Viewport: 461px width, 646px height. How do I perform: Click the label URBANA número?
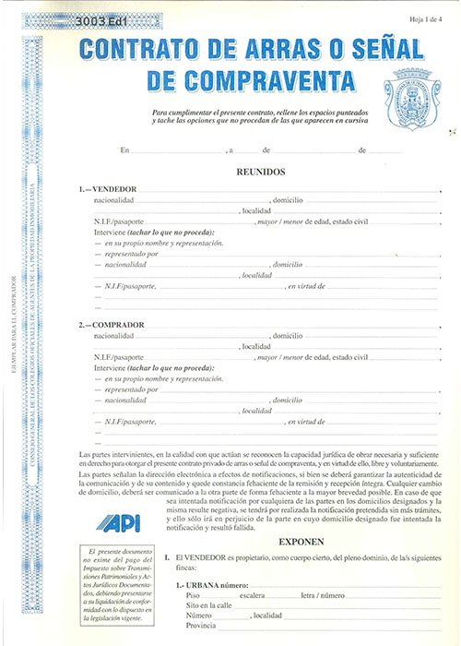point(211,586)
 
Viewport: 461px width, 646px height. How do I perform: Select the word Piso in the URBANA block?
point(193,596)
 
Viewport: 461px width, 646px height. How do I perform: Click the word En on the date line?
point(125,149)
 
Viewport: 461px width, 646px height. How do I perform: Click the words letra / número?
point(323,596)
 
